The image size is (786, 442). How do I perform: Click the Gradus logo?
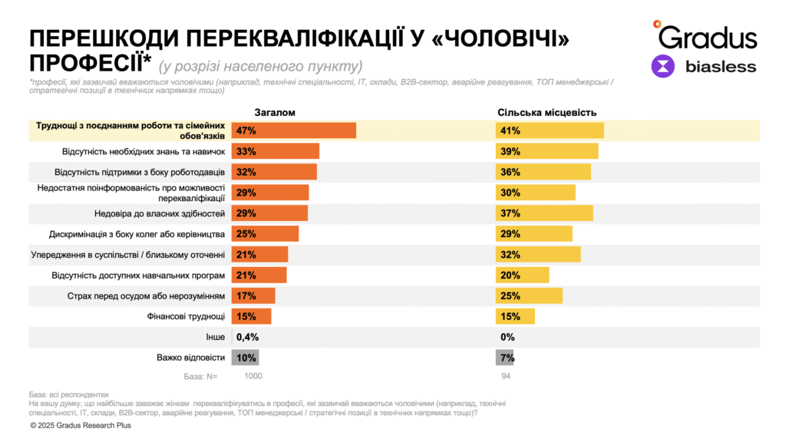[x=704, y=35]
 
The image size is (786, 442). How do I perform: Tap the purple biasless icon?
[x=663, y=66]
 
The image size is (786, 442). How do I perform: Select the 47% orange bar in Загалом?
[x=294, y=130]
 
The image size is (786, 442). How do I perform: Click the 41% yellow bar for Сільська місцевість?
[x=550, y=130]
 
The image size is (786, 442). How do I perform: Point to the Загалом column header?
[x=275, y=113]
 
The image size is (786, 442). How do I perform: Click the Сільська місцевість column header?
[x=547, y=113]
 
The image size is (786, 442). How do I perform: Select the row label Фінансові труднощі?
[x=186, y=316]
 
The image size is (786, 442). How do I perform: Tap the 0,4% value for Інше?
[x=246, y=337]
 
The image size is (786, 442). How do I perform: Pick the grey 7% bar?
[x=504, y=358]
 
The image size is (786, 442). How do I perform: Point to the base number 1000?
[x=253, y=376]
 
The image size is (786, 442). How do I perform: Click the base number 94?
[x=505, y=376]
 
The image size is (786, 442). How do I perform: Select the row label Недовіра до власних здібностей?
[x=168, y=213]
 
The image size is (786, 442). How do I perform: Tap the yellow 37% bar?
[x=544, y=213]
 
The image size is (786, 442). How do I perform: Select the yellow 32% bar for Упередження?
[x=538, y=255]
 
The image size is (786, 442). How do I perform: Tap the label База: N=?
[x=201, y=376]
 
